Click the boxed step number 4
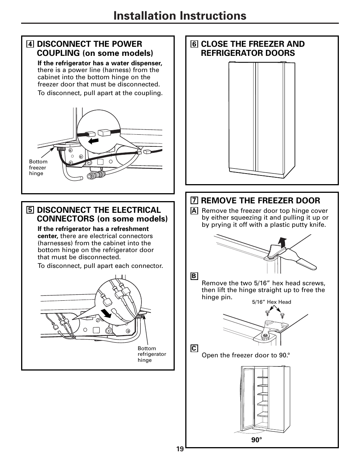pos(30,44)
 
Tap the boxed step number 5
pos(30,210)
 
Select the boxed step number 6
pos(194,44)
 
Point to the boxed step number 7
pos(194,201)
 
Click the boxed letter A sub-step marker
pos(194,211)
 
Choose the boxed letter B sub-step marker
pos(194,276)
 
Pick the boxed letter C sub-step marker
pos(194,348)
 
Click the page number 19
pos(180,449)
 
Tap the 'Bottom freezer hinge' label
pos(38,168)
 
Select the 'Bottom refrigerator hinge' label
pos(152,354)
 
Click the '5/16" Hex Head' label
pos(271,302)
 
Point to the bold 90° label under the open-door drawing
pos(257,440)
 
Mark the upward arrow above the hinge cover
pos(281,241)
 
